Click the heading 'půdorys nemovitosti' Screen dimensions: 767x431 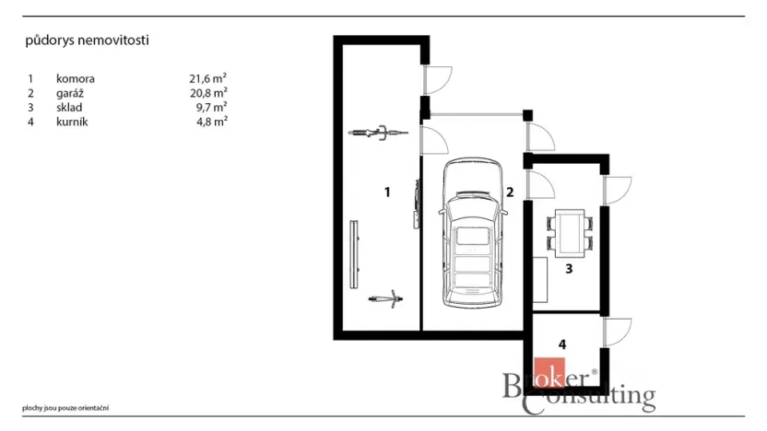coord(87,41)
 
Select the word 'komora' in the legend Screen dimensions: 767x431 coord(76,78)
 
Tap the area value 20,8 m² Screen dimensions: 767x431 coord(208,92)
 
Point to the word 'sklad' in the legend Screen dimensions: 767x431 coord(69,108)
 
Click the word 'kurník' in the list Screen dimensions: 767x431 coord(72,122)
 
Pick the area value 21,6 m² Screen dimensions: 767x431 coord(208,78)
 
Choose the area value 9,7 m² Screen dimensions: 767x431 coord(211,107)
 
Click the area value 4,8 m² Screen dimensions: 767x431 coord(212,122)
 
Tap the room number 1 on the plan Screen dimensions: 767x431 coord(387,192)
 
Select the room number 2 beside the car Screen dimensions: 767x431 coord(510,192)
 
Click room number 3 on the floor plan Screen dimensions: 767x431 coord(569,269)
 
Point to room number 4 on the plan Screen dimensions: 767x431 coord(562,344)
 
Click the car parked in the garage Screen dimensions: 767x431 coord(473,233)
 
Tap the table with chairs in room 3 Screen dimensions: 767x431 coord(570,234)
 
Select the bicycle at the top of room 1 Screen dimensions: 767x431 coord(378,133)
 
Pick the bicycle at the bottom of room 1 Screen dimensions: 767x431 coord(386,298)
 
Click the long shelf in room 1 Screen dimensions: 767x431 coord(354,254)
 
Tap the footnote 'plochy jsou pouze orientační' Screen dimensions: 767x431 coord(65,408)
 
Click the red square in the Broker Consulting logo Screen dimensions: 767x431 coord(549,372)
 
